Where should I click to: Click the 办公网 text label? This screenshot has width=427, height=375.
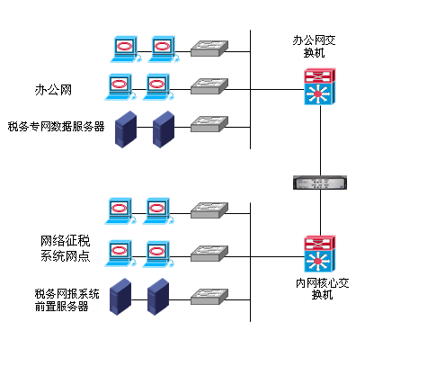[x=52, y=90]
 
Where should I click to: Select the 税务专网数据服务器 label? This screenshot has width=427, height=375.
[x=56, y=127]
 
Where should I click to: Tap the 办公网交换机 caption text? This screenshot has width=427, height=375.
[x=315, y=48]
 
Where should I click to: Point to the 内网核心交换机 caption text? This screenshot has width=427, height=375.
[x=323, y=288]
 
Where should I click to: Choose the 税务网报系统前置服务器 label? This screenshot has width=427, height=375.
[x=67, y=299]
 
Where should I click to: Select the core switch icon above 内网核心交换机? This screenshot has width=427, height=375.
[x=319, y=254]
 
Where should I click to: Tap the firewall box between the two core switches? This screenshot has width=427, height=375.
[x=319, y=183]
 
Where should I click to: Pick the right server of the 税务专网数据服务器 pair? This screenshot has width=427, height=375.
[x=163, y=129]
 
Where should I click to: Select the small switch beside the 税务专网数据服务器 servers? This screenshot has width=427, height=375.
[x=211, y=123]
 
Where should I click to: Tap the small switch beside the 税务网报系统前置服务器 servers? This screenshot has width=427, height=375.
[x=211, y=296]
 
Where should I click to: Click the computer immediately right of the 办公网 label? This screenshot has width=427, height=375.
[x=121, y=86]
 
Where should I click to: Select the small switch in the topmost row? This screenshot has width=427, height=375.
[x=211, y=47]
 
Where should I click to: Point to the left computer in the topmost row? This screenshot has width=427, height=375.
[x=126, y=48]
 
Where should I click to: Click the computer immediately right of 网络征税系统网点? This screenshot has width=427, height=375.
[x=120, y=253]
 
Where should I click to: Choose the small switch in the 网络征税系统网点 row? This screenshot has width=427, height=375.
[x=211, y=252]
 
